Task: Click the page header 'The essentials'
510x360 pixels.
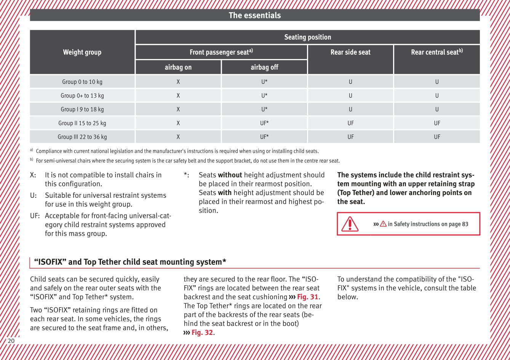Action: point(254,15)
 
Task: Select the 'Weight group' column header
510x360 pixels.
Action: point(82,52)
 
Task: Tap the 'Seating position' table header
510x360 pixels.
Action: point(307,37)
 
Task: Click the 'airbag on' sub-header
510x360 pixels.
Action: point(178,67)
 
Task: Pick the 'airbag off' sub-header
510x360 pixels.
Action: point(264,67)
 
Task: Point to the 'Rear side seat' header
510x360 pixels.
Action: point(350,52)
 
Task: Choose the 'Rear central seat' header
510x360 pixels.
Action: point(436,52)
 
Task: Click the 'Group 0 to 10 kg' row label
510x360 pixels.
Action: point(82,82)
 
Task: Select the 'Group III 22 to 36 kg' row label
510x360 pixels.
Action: point(82,137)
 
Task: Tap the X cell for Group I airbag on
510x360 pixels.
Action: point(178,109)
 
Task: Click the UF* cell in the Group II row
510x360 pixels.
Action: point(264,123)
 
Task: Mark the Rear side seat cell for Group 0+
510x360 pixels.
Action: point(350,96)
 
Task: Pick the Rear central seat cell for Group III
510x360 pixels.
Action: point(437,137)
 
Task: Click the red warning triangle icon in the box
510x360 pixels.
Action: point(349,224)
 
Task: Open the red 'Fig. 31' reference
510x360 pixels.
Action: point(307,297)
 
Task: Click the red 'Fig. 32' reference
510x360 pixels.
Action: point(202,333)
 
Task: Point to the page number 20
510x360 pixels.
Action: point(11,341)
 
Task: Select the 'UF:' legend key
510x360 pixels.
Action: point(35,216)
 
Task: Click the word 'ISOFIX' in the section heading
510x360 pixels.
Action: point(50,262)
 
